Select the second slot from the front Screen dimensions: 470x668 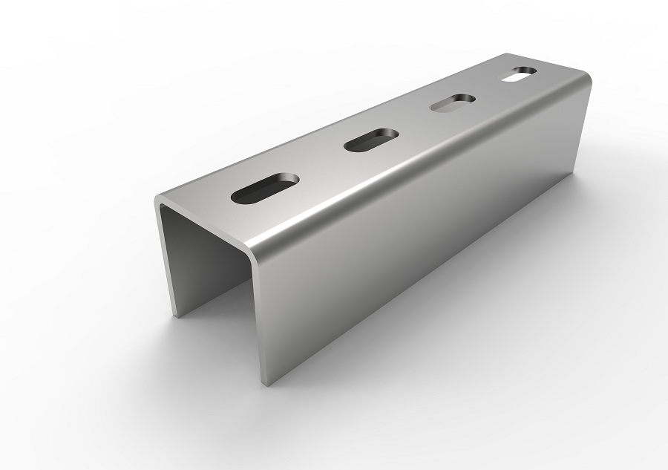coord(371,140)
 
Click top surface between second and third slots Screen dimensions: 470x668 coord(412,123)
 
